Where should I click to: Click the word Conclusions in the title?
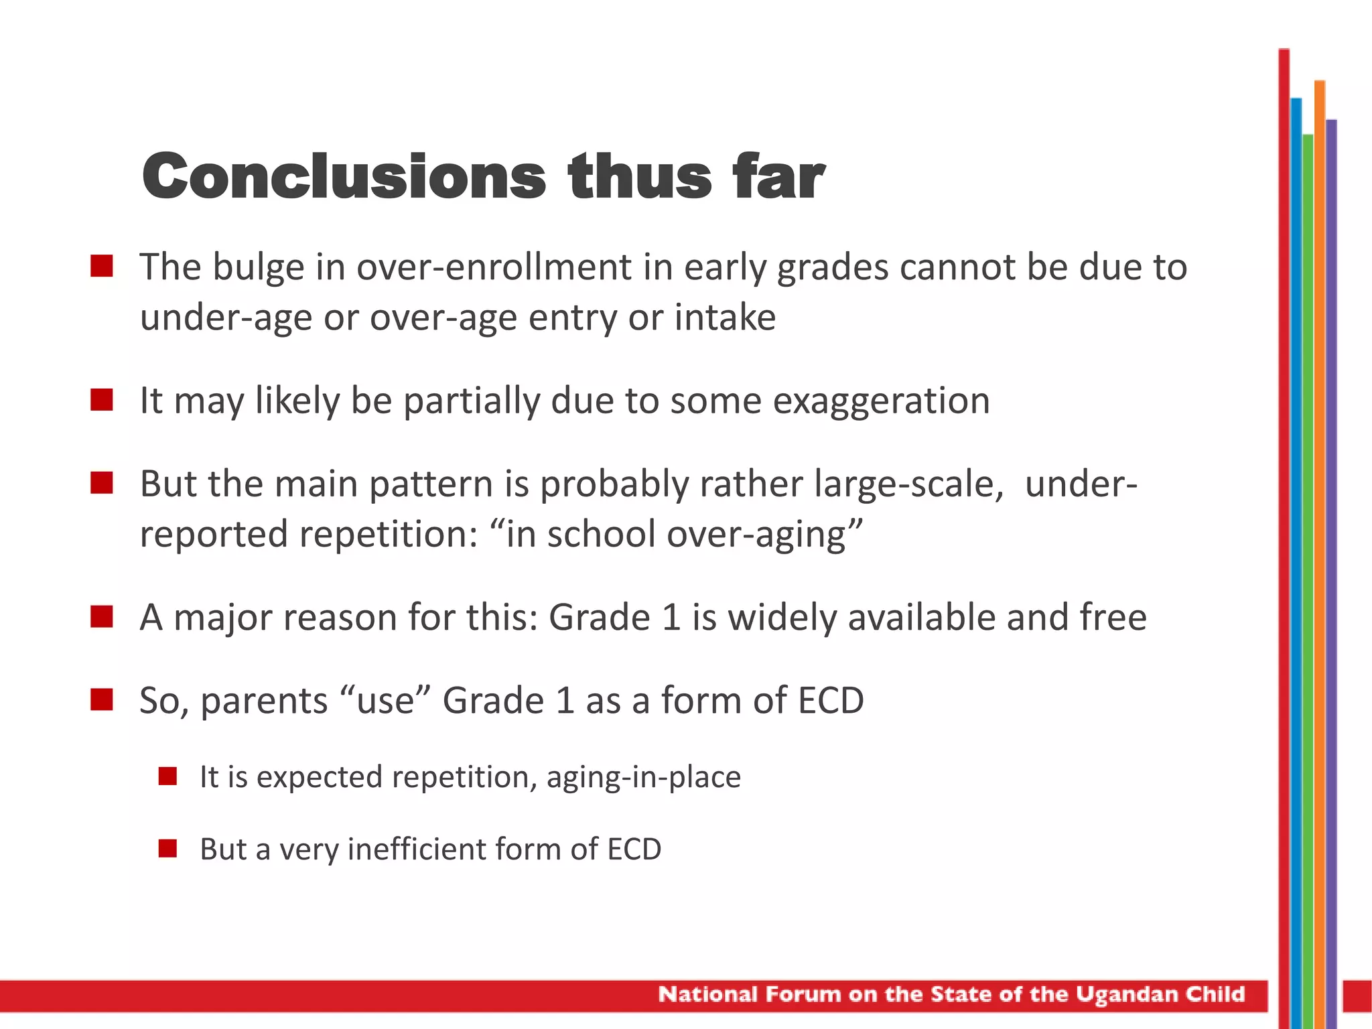tap(344, 176)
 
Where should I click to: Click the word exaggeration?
tap(881, 401)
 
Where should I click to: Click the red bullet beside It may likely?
tap(102, 400)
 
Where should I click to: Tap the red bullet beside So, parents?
tap(102, 699)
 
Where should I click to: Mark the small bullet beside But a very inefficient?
tap(167, 849)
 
